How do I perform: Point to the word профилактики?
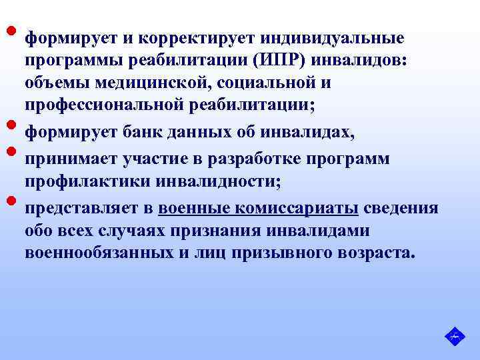[79, 181]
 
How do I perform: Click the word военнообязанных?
[93, 253]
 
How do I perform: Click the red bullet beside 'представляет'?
[11, 201]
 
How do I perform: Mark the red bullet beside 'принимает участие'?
[11, 151]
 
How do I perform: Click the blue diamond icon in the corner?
[453, 335]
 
